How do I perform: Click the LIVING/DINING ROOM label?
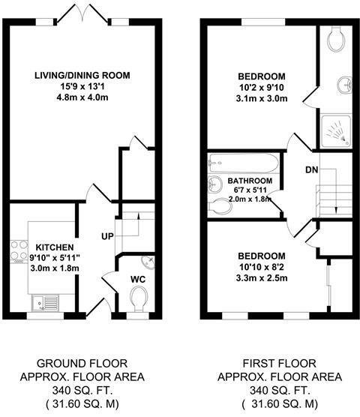click(x=83, y=75)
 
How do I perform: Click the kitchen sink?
click(x=40, y=303)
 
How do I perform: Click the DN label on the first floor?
click(x=310, y=170)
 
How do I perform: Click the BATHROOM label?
click(x=250, y=181)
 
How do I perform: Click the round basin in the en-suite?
click(x=338, y=84)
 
